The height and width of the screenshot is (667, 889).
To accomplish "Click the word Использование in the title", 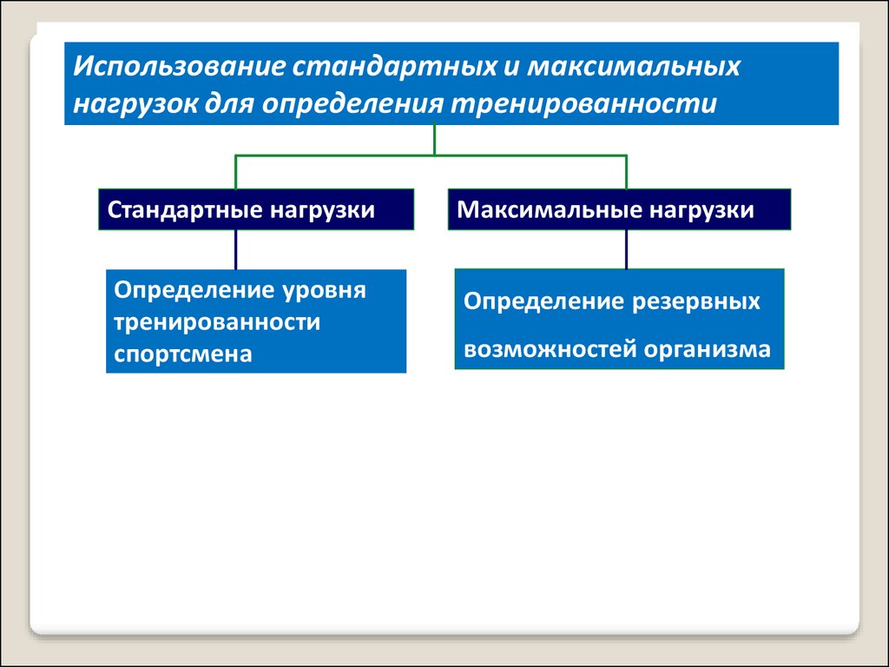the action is [x=179, y=66].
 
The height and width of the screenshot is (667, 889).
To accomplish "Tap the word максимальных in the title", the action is [x=635, y=66].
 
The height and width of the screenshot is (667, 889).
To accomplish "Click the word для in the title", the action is [x=229, y=104].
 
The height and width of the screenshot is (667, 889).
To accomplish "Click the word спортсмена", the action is [x=182, y=355].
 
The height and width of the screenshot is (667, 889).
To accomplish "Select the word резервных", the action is [x=695, y=302].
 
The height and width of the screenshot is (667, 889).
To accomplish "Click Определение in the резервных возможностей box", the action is [x=543, y=302].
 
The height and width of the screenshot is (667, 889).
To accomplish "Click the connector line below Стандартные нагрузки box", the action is [x=236, y=249].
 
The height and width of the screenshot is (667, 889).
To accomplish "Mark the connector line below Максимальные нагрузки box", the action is [x=626, y=249].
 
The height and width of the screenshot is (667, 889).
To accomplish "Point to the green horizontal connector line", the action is [x=431, y=155].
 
